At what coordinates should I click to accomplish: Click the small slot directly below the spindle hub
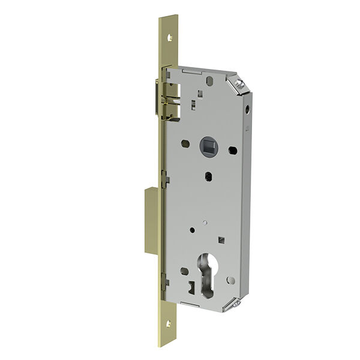pos(208,176)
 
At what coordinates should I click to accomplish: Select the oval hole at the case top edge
pos(209,79)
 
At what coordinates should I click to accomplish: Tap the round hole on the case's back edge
pos(248,112)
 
